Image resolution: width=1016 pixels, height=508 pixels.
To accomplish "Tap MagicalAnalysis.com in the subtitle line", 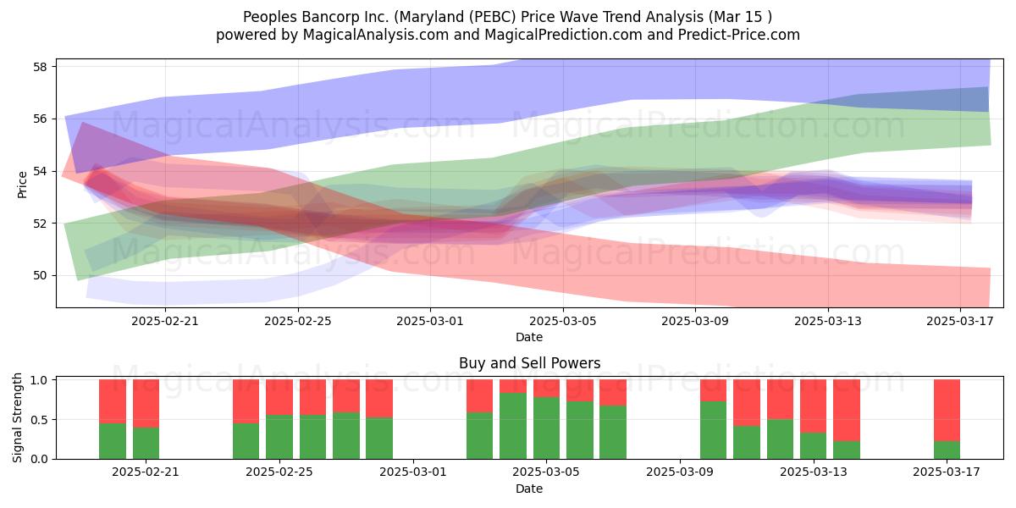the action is pos(375,35).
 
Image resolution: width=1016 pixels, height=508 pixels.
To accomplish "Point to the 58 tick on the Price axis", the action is pos(40,67).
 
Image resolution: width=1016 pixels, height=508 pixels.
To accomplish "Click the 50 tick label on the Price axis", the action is pos(40,276).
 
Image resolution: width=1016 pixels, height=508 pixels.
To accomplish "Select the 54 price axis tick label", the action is pos(40,171).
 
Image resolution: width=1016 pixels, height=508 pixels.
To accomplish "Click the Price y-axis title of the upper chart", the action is pos(22,185).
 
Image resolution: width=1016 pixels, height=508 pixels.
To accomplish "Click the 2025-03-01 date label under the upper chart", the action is pos(430,321).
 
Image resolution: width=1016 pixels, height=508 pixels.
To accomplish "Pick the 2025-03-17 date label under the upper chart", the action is pos(960,321).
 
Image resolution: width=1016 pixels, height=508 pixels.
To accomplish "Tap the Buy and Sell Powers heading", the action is pos(529,363).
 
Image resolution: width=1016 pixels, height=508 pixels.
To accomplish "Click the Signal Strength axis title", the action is pos(17,417).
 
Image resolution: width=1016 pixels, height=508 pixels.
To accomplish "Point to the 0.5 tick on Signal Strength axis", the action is pos(40,420).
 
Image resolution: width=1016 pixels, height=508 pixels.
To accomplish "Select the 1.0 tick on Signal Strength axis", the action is pos(40,380).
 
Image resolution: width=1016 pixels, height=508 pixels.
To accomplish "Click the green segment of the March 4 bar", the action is pos(513,426).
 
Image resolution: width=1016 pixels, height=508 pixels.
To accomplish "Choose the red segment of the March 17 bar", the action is pos(947,410).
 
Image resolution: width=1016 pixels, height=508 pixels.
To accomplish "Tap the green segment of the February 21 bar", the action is pos(146,443).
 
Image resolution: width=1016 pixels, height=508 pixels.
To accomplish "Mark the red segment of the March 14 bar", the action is pos(847,410).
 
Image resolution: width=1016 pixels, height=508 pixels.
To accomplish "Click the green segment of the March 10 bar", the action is pos(713,430).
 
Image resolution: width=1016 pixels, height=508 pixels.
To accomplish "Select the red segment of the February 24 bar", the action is pos(246,401).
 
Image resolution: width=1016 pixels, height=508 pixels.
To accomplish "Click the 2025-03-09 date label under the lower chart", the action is pos(679,472).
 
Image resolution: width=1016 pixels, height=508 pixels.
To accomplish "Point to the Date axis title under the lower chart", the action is pos(529,489).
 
